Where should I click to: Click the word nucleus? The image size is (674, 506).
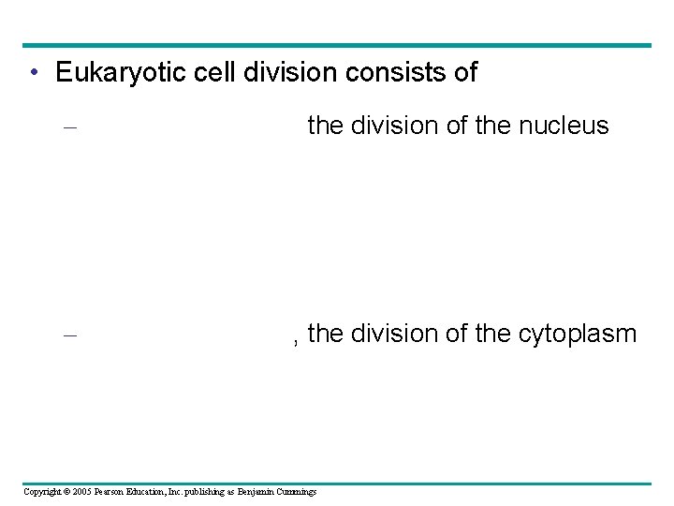pyautogui.click(x=568, y=126)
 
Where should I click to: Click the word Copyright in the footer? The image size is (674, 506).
pyautogui.click(x=43, y=492)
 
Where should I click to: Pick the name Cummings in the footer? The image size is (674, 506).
pyautogui.click(x=298, y=492)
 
